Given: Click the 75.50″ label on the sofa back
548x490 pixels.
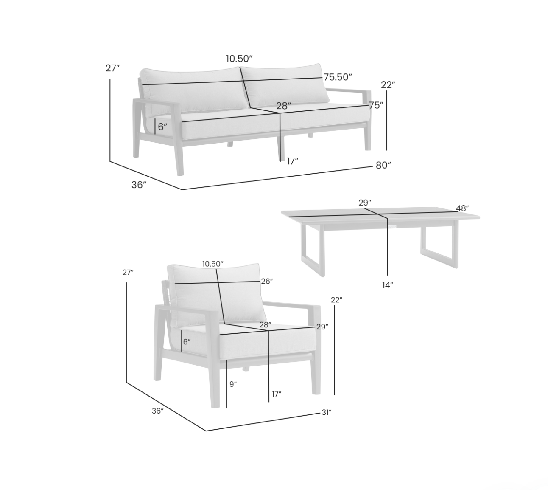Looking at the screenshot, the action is coord(338,77).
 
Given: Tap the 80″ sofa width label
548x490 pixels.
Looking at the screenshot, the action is coord(383,165).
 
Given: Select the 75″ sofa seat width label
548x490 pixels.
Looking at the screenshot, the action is coord(376,105).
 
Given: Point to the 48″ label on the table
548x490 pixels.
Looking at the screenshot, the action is coord(462,208).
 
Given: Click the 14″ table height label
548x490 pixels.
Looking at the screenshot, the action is coord(388,285).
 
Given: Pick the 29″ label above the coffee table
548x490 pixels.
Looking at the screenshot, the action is coord(365,203).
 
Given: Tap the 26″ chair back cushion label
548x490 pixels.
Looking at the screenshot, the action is coord(267,281).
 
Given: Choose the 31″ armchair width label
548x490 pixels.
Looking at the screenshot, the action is coord(327,413).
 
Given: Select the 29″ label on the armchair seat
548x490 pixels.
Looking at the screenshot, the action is coord(322,327).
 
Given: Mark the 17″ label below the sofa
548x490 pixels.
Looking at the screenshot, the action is coord(293,161).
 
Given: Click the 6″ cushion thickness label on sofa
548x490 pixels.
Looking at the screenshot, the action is coord(162,127).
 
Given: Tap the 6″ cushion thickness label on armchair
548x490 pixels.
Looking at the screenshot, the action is coord(187,342).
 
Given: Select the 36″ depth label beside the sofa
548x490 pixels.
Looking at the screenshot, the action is coord(139,185).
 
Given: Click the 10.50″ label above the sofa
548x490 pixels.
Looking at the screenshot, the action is coord(239,59).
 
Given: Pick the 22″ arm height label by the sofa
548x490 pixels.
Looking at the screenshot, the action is coord(388,85).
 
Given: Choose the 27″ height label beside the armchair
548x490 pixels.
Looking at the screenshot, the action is coord(128,273).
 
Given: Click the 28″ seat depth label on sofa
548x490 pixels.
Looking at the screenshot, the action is coord(284,106).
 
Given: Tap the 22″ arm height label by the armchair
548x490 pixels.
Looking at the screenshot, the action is coord(337,300).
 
